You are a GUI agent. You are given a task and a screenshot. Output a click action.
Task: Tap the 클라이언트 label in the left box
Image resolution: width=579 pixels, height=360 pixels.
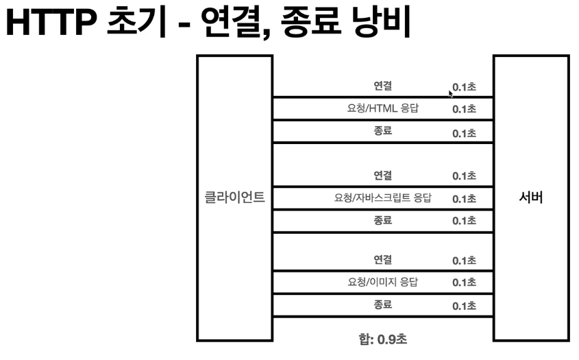click(x=235, y=199)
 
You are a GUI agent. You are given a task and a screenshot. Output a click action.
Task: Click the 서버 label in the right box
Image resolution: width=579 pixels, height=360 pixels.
click(x=531, y=199)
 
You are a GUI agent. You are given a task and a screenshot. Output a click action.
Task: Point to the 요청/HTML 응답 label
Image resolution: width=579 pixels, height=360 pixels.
click(x=383, y=108)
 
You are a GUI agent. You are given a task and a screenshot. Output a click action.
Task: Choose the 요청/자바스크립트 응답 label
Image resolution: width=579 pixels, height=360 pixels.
click(x=383, y=198)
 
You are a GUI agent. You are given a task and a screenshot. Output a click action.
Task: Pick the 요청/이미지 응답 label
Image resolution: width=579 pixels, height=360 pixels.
click(x=383, y=282)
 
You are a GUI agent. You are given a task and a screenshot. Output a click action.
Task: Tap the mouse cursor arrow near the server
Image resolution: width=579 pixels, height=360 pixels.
click(x=450, y=93)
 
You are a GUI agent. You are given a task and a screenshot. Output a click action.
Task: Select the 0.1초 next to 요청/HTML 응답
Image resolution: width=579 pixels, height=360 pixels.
click(x=464, y=109)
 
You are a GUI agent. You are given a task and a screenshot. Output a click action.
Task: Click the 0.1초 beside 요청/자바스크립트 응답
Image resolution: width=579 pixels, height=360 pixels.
click(x=464, y=199)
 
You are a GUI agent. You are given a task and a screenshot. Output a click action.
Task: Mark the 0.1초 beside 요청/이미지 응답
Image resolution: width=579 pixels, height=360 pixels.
click(x=464, y=283)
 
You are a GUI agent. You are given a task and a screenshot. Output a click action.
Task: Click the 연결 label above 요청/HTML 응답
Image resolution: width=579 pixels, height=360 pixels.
click(x=383, y=86)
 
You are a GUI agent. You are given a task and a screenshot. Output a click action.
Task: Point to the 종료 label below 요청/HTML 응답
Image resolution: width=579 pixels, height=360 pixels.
click(x=383, y=130)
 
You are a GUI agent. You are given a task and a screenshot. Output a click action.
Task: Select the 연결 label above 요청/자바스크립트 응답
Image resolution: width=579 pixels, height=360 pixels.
click(x=383, y=176)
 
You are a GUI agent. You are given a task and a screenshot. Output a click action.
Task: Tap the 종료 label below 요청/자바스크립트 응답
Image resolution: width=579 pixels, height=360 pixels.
click(x=383, y=220)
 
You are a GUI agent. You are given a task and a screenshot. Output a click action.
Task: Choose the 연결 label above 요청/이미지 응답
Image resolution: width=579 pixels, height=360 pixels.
click(x=383, y=260)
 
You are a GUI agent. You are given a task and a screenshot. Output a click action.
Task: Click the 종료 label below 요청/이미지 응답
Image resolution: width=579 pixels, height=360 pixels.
click(x=383, y=304)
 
